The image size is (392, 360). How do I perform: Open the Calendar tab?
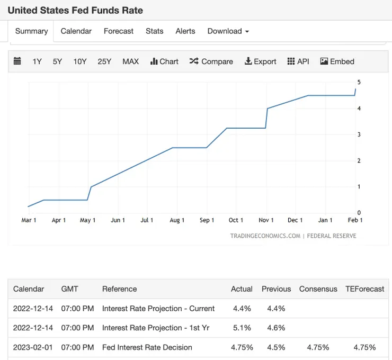tap(76, 31)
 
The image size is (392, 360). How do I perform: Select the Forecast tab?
tap(119, 31)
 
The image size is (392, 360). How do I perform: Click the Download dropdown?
tap(228, 31)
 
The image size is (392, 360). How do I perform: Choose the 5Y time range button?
tap(57, 61)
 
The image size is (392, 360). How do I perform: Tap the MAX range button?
tap(130, 61)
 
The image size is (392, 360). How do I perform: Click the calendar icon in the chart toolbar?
tap(17, 61)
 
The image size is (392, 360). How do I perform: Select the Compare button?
tap(211, 61)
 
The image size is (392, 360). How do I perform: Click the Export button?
tap(260, 61)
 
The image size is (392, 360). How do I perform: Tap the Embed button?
tap(337, 61)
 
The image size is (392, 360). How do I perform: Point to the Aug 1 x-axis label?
tap(177, 220)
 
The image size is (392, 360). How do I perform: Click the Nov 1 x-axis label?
tap(266, 220)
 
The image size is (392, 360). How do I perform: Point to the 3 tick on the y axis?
tap(359, 134)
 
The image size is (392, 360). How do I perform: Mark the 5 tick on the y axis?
tap(359, 82)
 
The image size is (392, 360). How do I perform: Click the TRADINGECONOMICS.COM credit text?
tap(265, 236)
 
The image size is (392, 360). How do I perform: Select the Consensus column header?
tap(318, 289)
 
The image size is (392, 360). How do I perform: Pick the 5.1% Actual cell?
tap(242, 328)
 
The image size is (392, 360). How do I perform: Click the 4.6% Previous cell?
tap(276, 328)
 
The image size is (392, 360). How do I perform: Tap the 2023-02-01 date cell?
tap(33, 347)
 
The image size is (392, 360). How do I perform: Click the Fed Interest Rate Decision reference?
tap(147, 347)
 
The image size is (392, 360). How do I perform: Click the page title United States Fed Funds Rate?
tap(75, 10)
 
